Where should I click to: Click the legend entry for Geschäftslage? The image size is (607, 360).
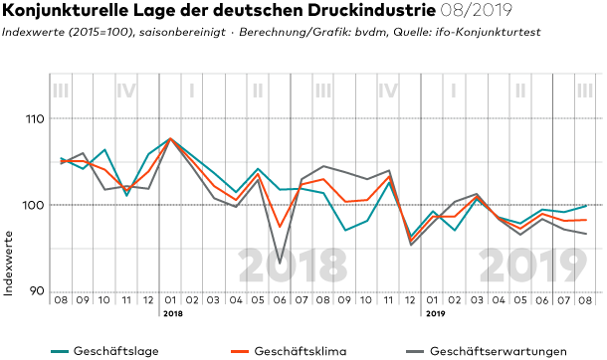click(x=104, y=351)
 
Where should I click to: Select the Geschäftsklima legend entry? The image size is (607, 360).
click(x=289, y=351)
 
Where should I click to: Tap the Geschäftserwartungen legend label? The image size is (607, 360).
click(x=487, y=351)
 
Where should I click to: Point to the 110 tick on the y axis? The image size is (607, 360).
click(x=35, y=118)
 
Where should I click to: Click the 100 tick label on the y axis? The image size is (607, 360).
click(x=34, y=205)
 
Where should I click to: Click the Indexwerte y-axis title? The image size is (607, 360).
click(x=9, y=264)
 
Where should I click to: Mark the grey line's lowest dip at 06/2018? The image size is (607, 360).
click(x=280, y=264)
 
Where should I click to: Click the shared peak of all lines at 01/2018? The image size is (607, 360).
click(x=170, y=138)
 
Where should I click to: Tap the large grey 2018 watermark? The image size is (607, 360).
click(x=293, y=267)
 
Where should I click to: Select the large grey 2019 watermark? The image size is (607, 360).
click(x=533, y=267)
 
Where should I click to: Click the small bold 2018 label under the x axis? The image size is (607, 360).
click(x=173, y=313)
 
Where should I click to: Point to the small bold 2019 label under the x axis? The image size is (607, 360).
click(x=436, y=313)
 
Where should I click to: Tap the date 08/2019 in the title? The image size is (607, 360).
click(x=477, y=10)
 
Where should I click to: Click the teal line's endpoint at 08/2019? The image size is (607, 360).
click(x=586, y=206)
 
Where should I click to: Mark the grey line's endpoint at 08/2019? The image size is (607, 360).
click(x=586, y=234)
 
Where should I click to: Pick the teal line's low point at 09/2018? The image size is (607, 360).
click(x=345, y=231)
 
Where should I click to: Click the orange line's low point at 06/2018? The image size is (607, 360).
click(x=280, y=227)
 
